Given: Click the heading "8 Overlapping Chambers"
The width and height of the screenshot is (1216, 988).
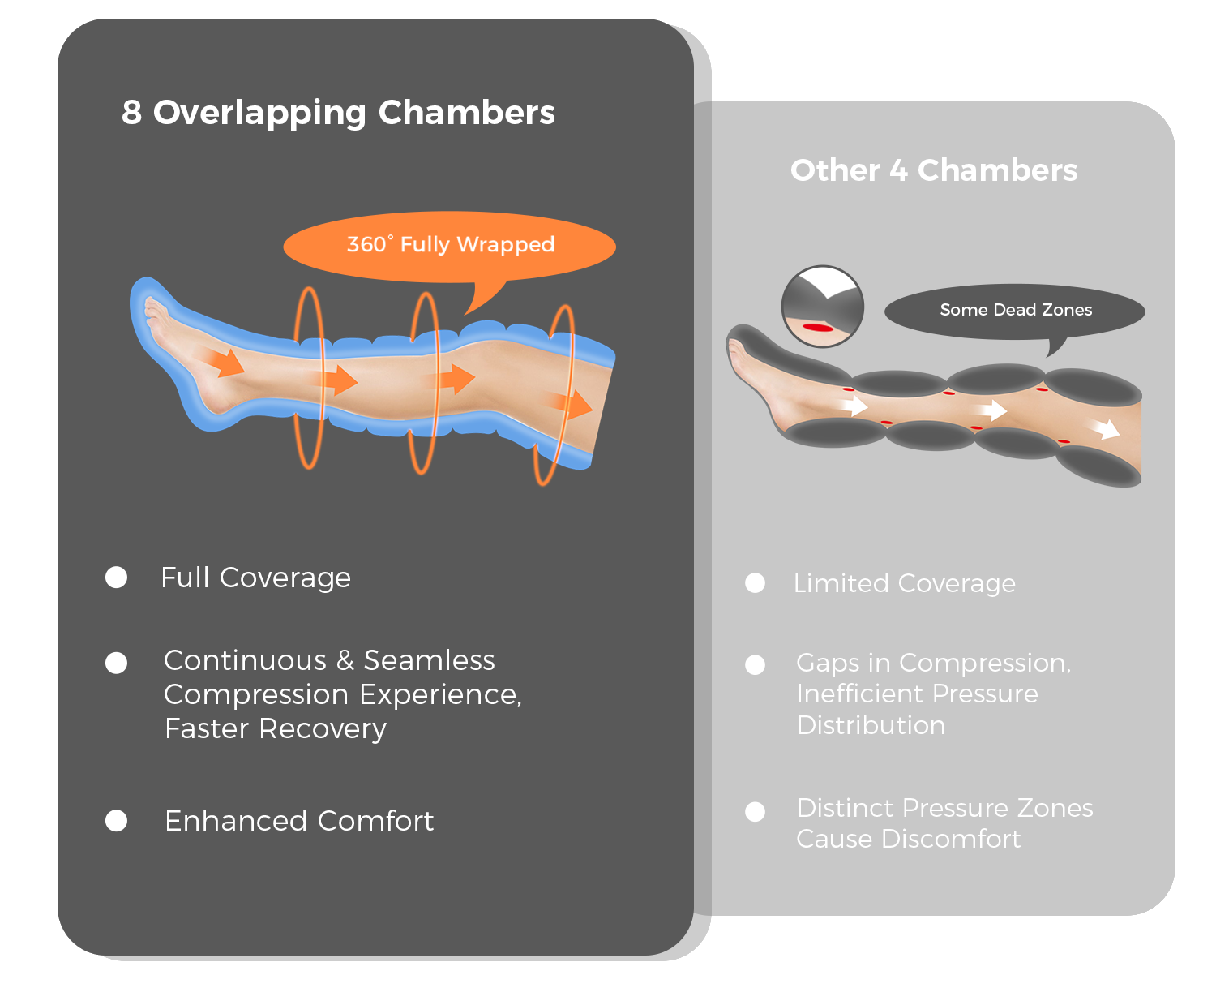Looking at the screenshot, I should click(x=338, y=113).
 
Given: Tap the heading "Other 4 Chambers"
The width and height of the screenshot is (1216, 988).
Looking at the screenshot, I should click(x=934, y=170).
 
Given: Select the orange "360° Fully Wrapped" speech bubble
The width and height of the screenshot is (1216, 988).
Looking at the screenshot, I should click(x=450, y=245).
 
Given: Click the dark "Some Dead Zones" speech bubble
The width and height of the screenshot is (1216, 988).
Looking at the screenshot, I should click(x=1015, y=310).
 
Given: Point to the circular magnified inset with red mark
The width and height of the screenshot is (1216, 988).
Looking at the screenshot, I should click(x=822, y=307).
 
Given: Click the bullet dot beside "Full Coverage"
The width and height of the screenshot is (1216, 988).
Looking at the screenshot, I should click(x=117, y=578).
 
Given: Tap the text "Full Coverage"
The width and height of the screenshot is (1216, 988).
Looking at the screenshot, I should click(x=255, y=578).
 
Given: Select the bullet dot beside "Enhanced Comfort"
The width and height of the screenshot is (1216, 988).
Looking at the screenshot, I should click(x=117, y=821).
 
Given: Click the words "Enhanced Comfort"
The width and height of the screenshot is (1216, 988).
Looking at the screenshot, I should click(x=299, y=821).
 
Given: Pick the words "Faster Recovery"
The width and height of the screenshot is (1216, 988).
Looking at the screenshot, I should click(x=276, y=728).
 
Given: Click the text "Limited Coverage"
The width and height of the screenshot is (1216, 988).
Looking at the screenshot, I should click(x=904, y=583).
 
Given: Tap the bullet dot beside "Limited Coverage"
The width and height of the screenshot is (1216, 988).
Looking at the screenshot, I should click(x=755, y=583).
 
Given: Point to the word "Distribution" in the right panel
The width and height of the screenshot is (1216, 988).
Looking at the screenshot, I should click(x=871, y=725).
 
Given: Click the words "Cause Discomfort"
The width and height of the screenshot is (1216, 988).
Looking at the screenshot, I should click(x=908, y=839).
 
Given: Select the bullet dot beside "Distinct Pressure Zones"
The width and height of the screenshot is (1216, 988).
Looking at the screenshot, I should click(x=755, y=812).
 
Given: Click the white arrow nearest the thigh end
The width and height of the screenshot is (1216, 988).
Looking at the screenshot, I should click(x=1105, y=427).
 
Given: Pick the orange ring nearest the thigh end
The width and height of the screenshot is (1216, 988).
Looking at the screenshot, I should click(x=554, y=394).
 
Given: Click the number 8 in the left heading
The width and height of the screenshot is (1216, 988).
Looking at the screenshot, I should click(x=132, y=113).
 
